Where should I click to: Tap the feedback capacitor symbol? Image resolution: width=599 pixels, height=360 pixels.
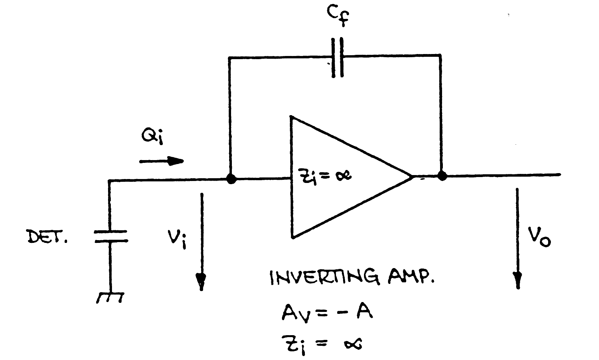point(337,57)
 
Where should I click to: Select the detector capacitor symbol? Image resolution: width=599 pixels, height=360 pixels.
point(110,236)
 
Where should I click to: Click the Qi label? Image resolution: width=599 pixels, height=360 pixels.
point(152,138)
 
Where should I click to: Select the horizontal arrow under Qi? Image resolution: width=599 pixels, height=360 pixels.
point(161,160)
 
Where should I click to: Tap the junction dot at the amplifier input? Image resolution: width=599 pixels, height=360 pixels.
point(231,179)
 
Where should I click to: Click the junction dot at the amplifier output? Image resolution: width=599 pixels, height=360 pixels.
point(442,176)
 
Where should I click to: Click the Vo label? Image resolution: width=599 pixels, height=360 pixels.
point(539,236)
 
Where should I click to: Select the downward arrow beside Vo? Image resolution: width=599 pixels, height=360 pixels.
point(518,239)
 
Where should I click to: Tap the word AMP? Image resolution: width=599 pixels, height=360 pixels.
point(410,278)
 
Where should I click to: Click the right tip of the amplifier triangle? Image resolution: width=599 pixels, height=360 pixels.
point(412,176)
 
